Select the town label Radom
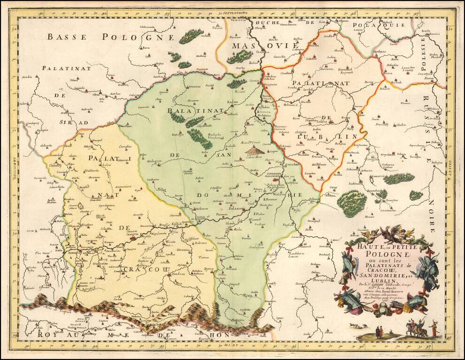(233, 101)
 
